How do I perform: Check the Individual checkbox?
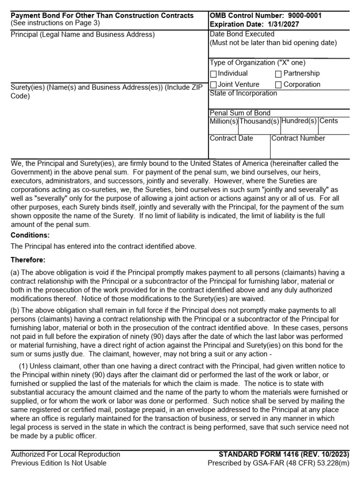(x=214, y=74)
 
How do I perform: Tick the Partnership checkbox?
(x=278, y=74)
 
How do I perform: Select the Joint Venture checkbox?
(x=214, y=85)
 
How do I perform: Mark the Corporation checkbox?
(x=278, y=85)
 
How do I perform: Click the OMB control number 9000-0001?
(x=301, y=16)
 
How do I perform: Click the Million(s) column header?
(x=224, y=121)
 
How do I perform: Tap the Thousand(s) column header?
(x=259, y=121)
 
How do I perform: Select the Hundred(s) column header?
(x=299, y=121)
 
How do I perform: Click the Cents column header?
(x=329, y=121)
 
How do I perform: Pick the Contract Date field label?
(x=232, y=138)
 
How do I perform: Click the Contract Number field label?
(x=298, y=138)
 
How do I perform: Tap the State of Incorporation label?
(x=243, y=93)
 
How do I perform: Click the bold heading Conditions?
(x=30, y=235)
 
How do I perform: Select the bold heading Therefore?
(x=28, y=260)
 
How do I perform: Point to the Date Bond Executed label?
(x=242, y=34)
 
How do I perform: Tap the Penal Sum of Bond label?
(x=240, y=113)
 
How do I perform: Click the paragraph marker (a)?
(x=15, y=273)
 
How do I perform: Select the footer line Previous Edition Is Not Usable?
(x=59, y=463)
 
